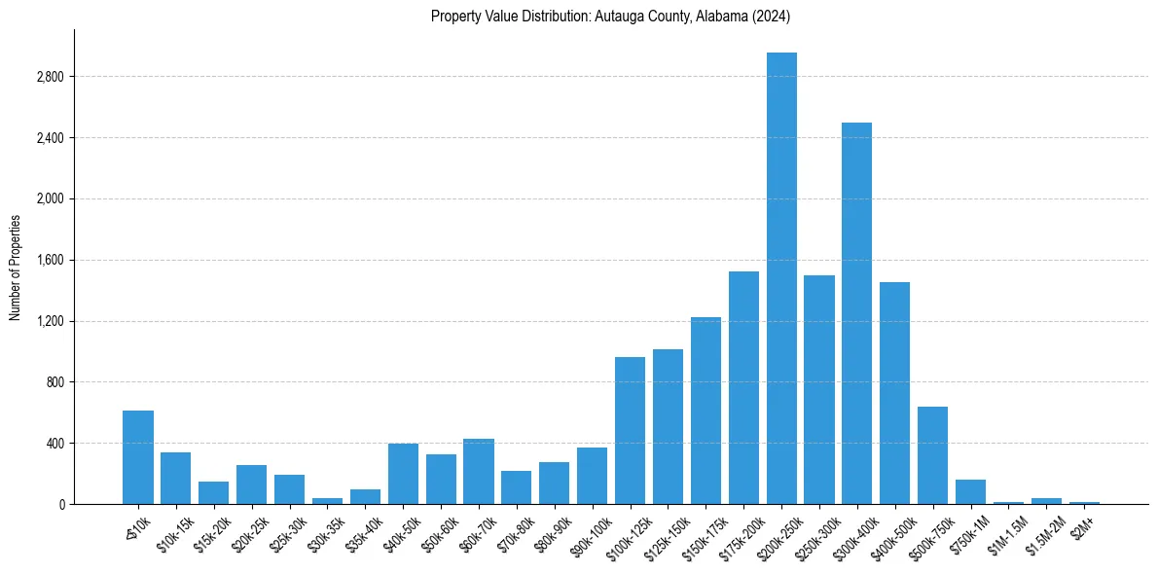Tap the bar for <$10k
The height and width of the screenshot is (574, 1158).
(x=138, y=457)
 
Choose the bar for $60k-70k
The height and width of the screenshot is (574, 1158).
(x=479, y=471)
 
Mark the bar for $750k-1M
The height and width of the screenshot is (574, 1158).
(x=970, y=491)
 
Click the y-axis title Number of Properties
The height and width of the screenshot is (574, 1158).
(x=15, y=267)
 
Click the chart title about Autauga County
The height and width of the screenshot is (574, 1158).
(x=611, y=17)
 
